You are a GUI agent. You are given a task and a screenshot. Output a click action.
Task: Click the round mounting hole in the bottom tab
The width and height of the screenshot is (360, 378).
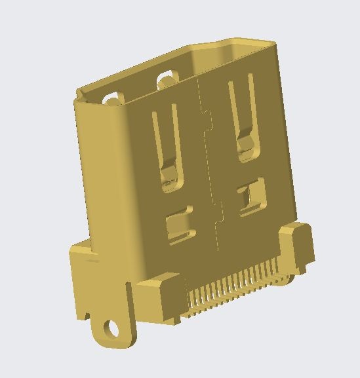click(x=112, y=327)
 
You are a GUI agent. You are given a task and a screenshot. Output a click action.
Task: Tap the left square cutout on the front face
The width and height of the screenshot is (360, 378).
click(x=179, y=226)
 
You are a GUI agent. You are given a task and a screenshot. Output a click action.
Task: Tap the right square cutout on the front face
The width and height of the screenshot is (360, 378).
click(x=250, y=197)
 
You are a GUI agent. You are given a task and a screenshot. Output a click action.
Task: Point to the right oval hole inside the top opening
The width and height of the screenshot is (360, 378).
click(x=166, y=79)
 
